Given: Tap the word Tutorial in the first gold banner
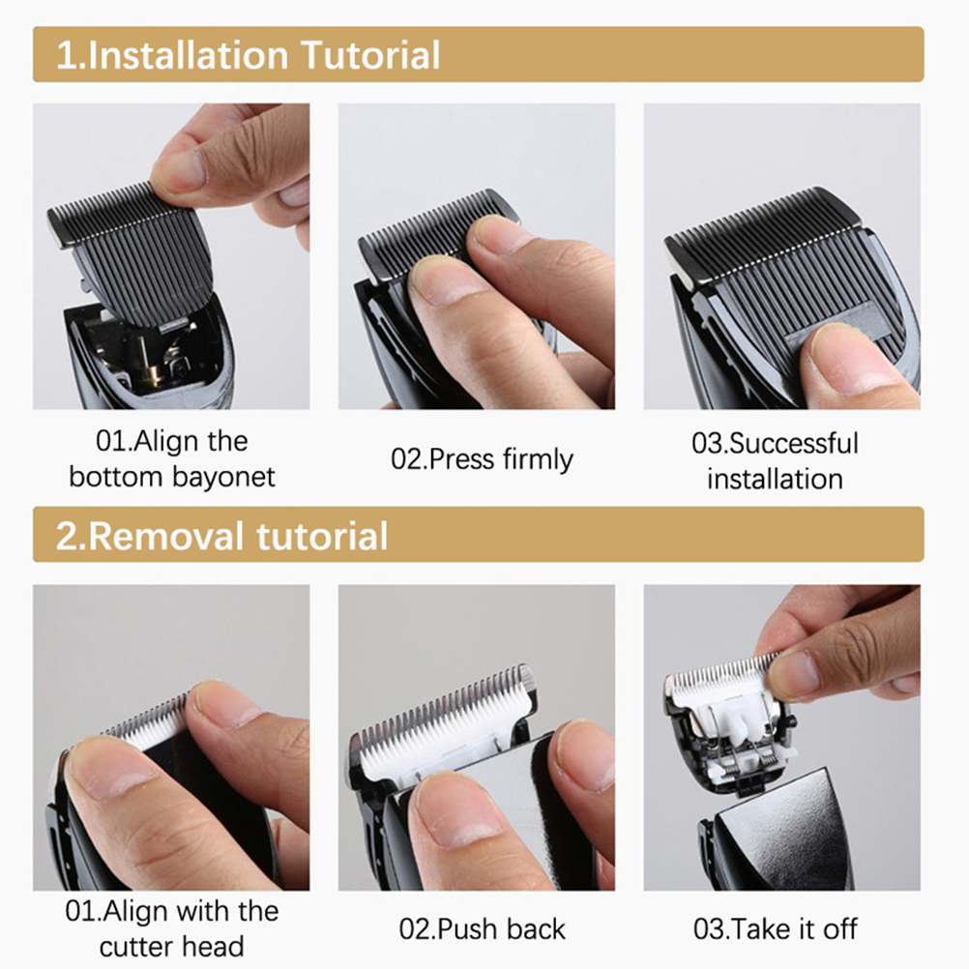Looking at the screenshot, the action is tap(370, 55).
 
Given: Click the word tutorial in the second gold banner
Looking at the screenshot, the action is tap(322, 535).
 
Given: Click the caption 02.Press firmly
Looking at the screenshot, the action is tap(482, 459).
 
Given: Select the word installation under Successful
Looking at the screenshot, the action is tap(775, 479).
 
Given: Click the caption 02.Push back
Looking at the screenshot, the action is tap(482, 928).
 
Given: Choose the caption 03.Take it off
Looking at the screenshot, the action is tap(775, 928).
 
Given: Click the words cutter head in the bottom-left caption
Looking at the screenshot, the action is tap(172, 947).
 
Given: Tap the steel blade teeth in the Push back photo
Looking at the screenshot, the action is tap(445, 711).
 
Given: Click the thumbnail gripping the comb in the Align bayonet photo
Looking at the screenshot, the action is tap(179, 168).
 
